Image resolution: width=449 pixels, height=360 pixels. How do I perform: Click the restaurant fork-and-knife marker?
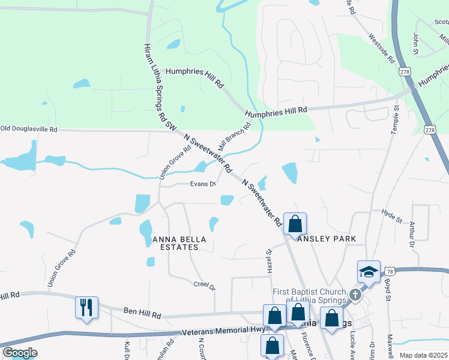pos(86,308)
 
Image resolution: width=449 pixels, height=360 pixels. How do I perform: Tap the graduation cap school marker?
pos(369,272)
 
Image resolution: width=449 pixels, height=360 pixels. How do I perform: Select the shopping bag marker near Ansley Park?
pos(295,224)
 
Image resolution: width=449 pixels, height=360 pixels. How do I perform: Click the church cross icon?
pos(355,295)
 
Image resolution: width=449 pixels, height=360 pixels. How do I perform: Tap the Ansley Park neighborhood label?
pos(327,239)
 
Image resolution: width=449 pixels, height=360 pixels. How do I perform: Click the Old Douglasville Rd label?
pos(28,129)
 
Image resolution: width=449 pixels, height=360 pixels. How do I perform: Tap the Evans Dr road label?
pos(203,184)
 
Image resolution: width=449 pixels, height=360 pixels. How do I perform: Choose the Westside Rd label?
pos(382,48)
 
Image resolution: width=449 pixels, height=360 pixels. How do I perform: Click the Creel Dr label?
pos(204,284)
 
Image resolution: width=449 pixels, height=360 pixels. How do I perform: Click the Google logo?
pos(20,353)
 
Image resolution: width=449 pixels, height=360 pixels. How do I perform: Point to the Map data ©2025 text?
pos(423,355)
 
